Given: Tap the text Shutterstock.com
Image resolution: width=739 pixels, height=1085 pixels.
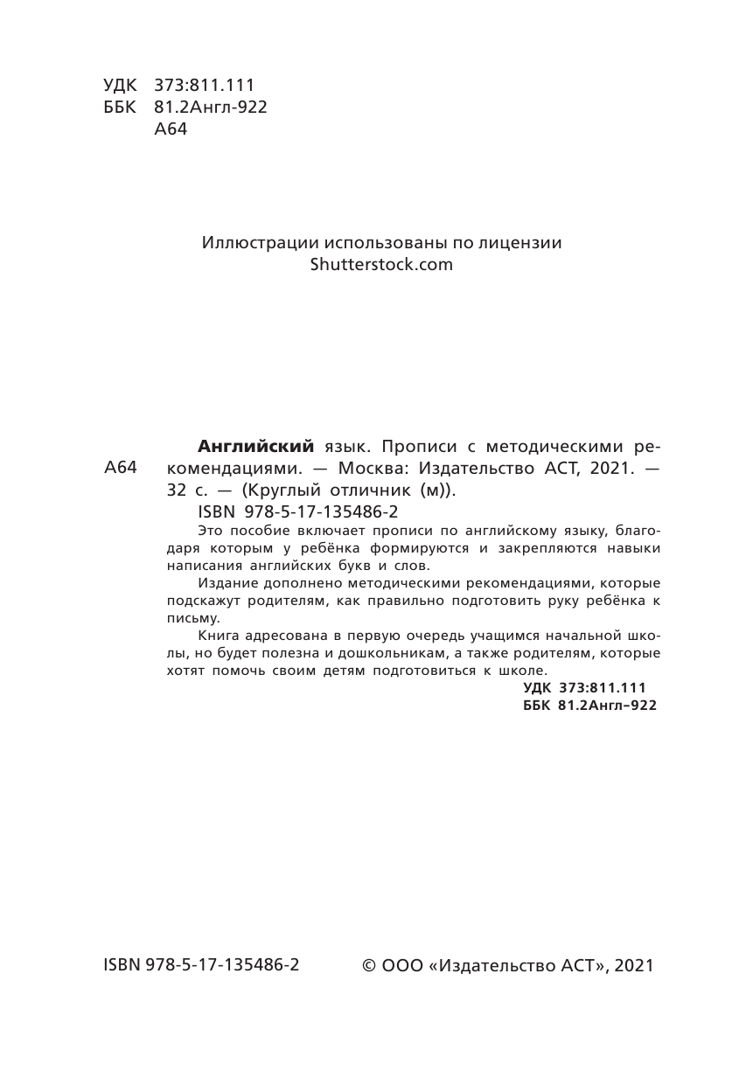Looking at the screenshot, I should (381, 264).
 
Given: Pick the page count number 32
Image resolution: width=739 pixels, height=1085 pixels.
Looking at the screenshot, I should (178, 490).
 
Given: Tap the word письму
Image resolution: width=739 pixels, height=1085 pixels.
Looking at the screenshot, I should (187, 617).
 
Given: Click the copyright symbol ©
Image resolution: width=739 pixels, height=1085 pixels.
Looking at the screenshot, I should (369, 966).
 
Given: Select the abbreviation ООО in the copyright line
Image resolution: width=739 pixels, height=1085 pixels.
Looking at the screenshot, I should (403, 966).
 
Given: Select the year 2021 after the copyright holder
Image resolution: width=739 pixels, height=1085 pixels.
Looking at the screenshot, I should (634, 966).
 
